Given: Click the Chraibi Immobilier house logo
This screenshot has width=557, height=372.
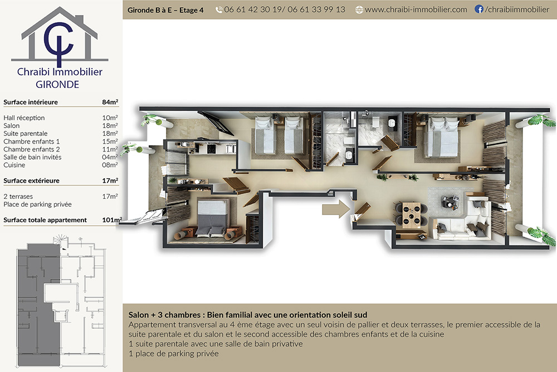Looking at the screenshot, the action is [60, 37].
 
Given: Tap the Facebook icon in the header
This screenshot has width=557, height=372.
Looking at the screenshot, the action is [479, 9].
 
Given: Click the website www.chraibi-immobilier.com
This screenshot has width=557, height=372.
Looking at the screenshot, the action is [416, 9].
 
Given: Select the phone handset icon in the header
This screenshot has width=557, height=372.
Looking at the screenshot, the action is [219, 10].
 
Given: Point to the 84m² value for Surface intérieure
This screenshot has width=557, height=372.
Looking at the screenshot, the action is [110, 102].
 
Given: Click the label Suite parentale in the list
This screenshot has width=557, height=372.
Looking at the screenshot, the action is [26, 134].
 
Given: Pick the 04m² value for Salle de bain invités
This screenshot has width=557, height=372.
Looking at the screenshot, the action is [110, 157].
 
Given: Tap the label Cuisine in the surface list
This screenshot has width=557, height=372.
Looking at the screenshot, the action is [14, 165].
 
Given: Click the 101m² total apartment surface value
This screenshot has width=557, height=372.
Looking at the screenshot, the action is [112, 220].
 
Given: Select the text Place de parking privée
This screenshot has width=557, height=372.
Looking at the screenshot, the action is [38, 204].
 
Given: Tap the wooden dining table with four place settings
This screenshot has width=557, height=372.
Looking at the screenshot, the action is [412, 214].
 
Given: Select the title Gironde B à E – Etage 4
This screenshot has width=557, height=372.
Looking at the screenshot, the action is [165, 11].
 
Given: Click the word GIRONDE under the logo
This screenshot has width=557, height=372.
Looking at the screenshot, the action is [57, 85].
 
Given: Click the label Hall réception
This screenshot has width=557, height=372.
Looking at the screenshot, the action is [24, 118].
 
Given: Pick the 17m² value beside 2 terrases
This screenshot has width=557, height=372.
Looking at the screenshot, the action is [110, 197].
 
